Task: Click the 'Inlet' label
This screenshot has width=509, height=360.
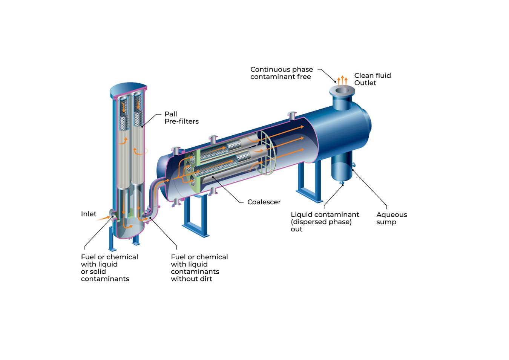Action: click(89, 214)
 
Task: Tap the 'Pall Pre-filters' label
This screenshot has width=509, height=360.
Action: click(181, 118)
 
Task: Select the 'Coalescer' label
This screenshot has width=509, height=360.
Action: click(264, 202)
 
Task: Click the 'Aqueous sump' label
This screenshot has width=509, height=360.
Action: click(391, 218)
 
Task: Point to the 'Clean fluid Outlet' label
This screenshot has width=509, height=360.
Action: click(372, 79)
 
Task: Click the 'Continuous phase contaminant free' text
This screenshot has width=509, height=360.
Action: click(281, 73)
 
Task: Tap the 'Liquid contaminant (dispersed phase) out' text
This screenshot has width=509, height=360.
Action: click(325, 222)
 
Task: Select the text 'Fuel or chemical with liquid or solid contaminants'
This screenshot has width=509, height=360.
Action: click(109, 268)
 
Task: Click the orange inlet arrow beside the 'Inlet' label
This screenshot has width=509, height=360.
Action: click(103, 218)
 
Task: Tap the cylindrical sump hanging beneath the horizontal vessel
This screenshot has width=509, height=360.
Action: click(342, 166)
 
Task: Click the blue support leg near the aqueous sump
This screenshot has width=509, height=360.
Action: click(309, 181)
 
